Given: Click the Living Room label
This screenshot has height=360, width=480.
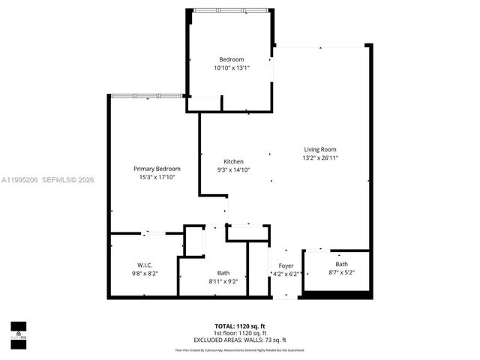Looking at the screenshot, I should tap(320, 148).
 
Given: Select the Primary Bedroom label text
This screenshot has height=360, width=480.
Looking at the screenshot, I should tap(157, 169).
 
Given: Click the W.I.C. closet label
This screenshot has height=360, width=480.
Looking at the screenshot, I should tap(145, 265).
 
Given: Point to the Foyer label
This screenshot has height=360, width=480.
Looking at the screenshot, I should tap(286, 265).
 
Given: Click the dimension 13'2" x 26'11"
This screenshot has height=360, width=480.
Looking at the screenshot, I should tap(320, 158).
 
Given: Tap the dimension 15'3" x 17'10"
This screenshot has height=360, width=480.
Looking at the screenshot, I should tap(157, 178).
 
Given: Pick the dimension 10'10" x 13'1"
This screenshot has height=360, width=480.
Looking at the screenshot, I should tap(232, 67).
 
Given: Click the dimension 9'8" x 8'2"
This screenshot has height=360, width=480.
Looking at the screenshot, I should tap(145, 274).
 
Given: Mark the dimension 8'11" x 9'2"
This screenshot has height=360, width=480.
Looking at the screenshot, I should tap(223, 281).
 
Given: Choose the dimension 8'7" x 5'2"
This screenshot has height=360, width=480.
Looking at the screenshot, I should tap(341, 273).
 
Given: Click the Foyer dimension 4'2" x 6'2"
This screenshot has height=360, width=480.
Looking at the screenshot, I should tap(286, 274).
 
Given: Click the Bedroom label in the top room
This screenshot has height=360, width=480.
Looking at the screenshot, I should tap(232, 59).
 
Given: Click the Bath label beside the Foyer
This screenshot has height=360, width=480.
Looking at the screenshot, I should tap(341, 264).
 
